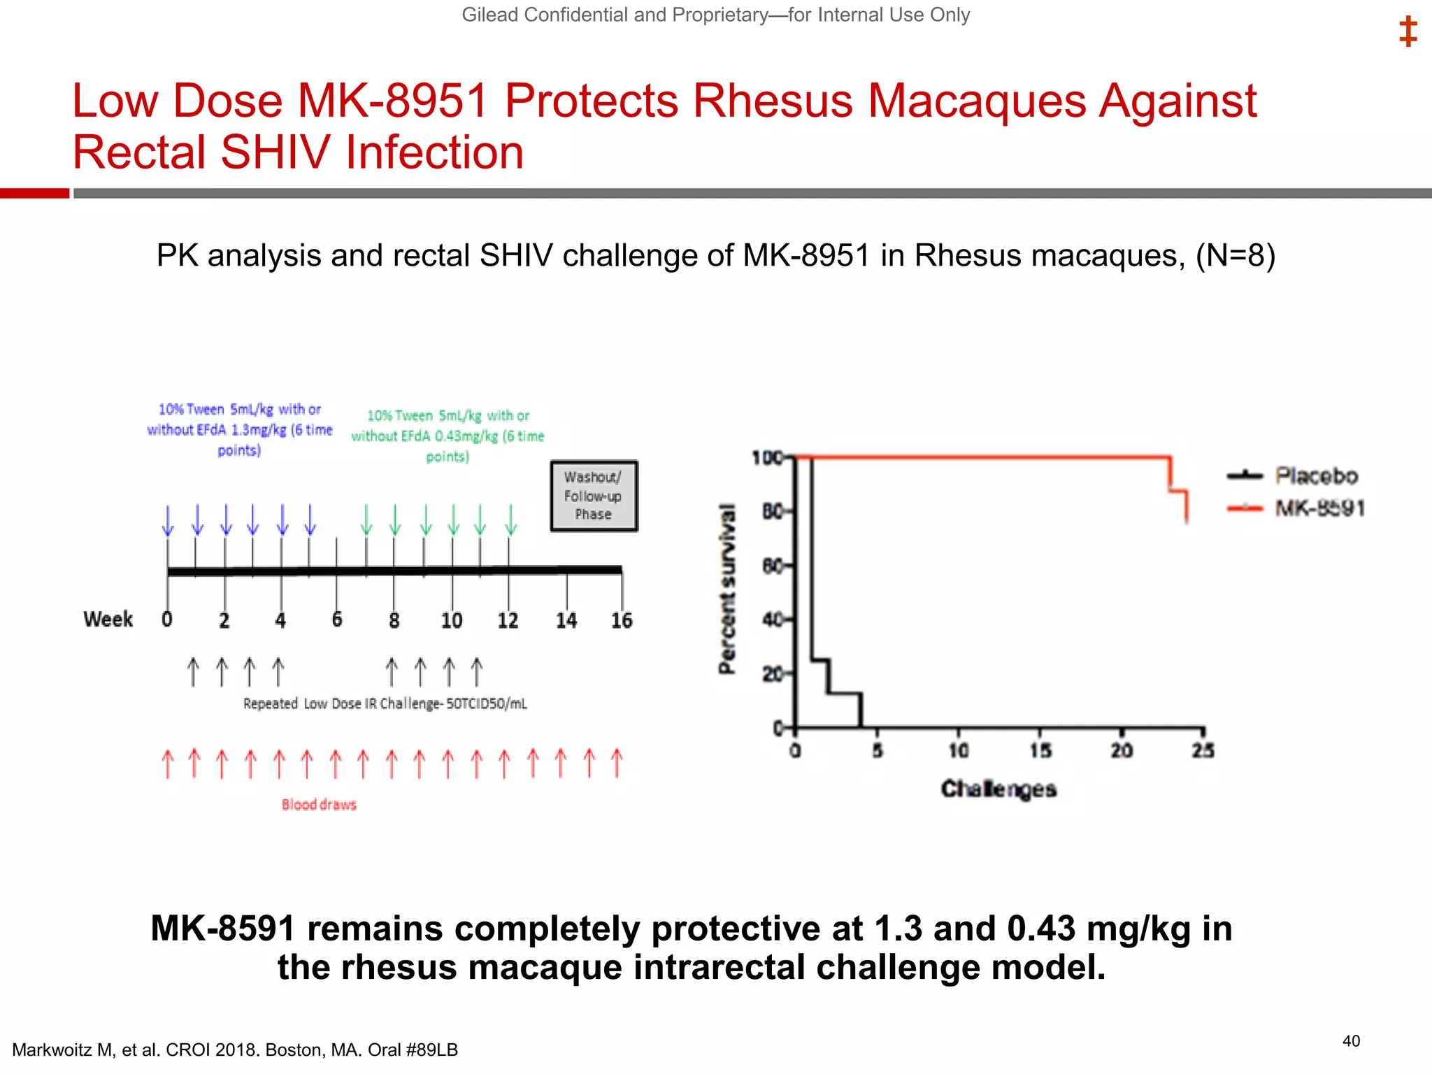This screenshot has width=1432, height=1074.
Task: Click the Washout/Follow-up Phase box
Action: click(x=594, y=496)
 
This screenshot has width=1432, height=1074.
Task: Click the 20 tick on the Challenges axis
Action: click(x=1122, y=751)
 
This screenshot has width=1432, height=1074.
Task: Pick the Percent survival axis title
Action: click(x=728, y=589)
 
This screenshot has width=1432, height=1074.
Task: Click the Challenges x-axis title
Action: click(x=998, y=789)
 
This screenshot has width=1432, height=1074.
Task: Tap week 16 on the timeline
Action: click(x=621, y=620)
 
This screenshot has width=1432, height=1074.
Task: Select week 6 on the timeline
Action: click(x=337, y=620)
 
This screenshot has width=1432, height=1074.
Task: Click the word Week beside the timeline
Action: click(x=108, y=620)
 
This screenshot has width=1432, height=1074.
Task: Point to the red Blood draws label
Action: click(x=319, y=805)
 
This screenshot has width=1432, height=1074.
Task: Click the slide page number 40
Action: click(x=1351, y=1041)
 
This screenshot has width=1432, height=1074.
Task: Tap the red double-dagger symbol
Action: click(x=1408, y=32)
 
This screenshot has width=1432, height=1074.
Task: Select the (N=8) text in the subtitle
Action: click(x=1236, y=256)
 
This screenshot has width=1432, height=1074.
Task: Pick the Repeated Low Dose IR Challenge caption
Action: click(x=385, y=703)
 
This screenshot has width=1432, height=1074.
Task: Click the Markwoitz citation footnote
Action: click(x=235, y=1050)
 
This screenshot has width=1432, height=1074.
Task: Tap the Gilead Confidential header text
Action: click(x=715, y=15)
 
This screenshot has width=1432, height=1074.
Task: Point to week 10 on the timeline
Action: click(x=452, y=620)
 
